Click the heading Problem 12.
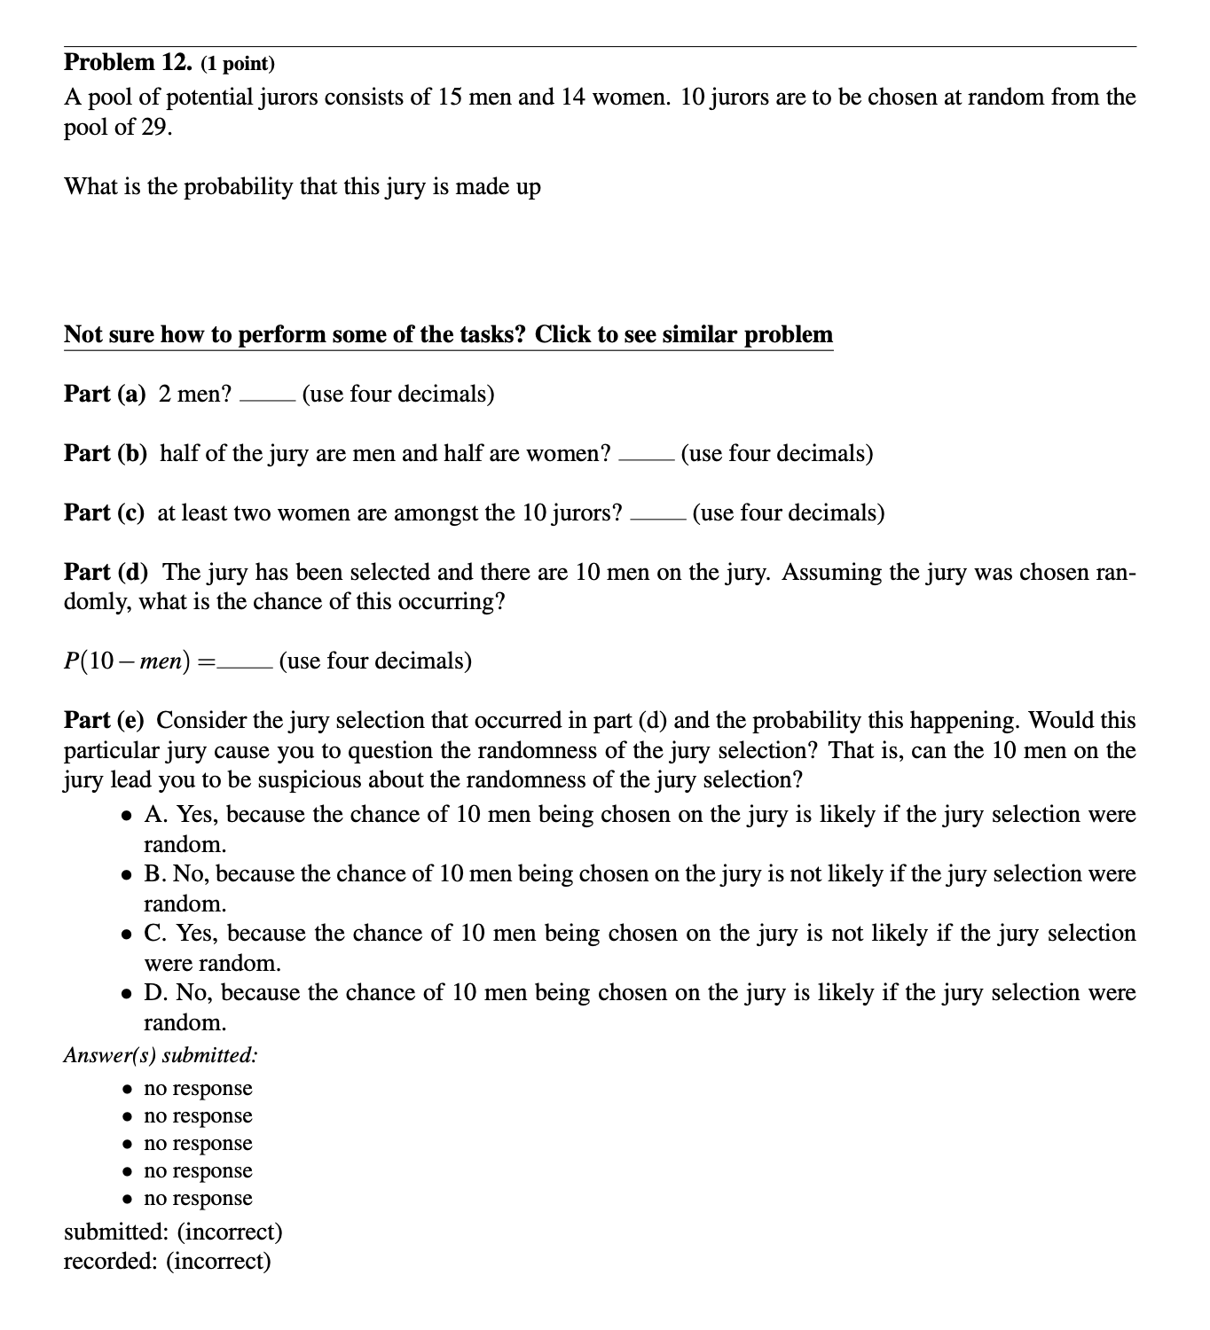pos(128,62)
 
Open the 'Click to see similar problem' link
pos(448,335)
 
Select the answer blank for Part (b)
pos(647,458)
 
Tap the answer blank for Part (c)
pos(657,518)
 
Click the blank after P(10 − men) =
pos(246,666)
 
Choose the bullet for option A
pos(130,815)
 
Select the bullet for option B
pos(130,874)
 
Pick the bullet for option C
pos(130,934)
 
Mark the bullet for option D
pos(130,993)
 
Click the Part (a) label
pos(105,394)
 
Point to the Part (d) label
pos(106,572)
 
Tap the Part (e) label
pos(105,720)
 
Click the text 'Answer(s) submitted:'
pos(161,1055)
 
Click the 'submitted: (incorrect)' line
pos(173,1232)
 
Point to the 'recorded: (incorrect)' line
pos(167,1261)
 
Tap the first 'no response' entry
pos(198,1088)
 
